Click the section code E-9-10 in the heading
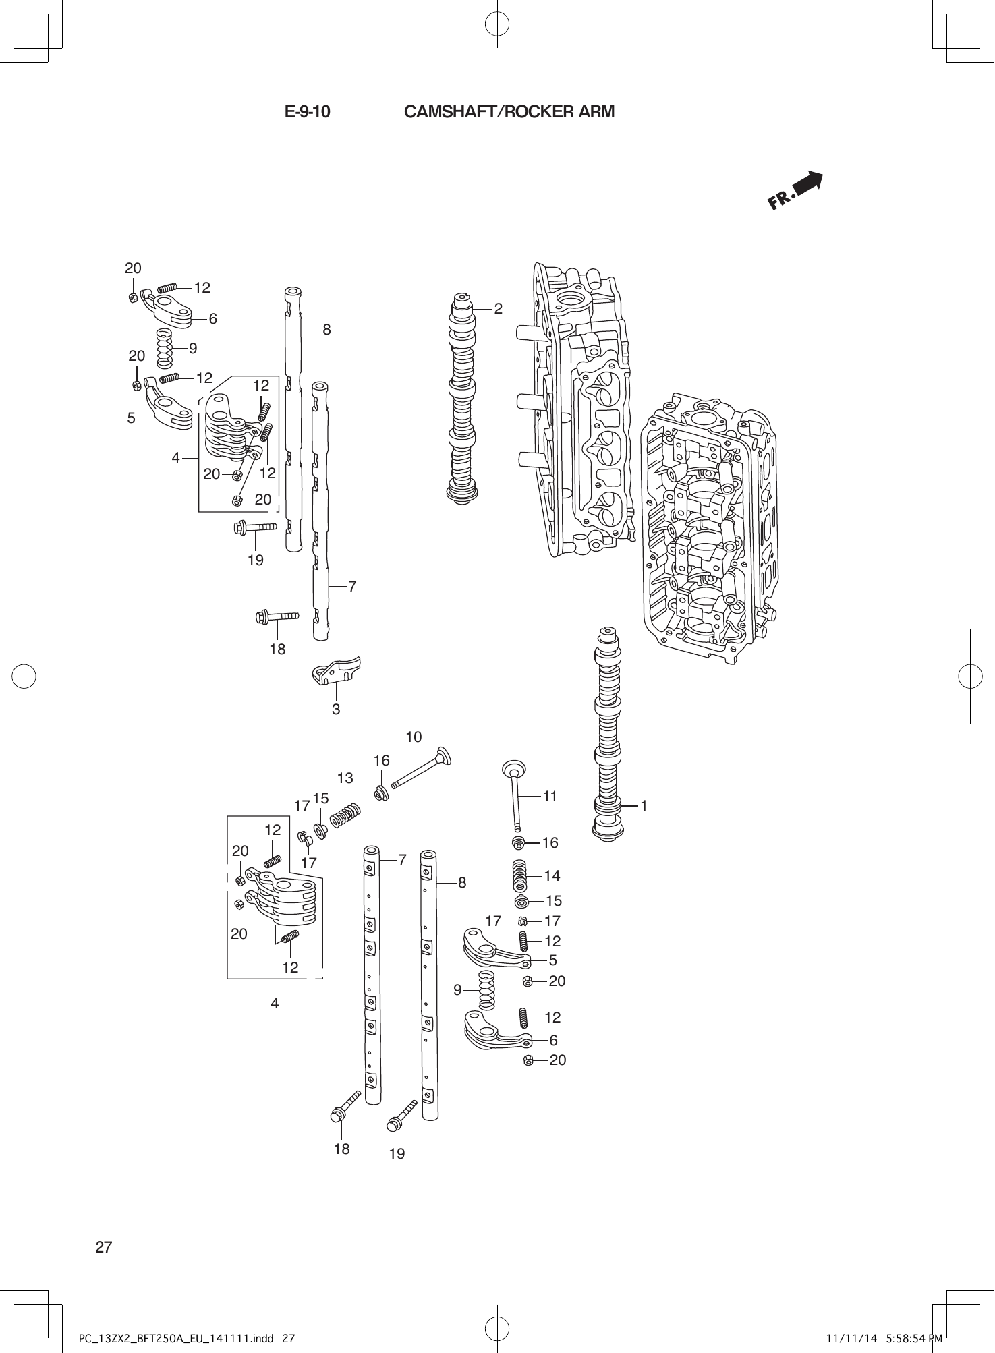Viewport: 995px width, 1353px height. [307, 112]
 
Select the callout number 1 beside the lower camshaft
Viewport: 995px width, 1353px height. [644, 805]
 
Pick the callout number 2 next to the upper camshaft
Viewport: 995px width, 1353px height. [498, 308]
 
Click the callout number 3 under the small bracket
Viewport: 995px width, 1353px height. [335, 709]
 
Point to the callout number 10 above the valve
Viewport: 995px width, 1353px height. [414, 737]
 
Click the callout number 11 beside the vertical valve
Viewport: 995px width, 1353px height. [550, 796]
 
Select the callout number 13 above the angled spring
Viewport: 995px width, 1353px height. [345, 778]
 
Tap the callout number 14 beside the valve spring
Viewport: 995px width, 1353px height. [551, 875]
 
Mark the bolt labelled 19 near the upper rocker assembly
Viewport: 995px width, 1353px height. [256, 527]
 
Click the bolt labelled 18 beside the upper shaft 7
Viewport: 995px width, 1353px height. [277, 616]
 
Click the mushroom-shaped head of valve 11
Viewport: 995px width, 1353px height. [514, 768]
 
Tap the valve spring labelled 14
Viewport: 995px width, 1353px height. [521, 876]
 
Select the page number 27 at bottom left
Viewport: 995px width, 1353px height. [103, 1246]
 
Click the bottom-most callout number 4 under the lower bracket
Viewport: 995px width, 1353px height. [275, 1003]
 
